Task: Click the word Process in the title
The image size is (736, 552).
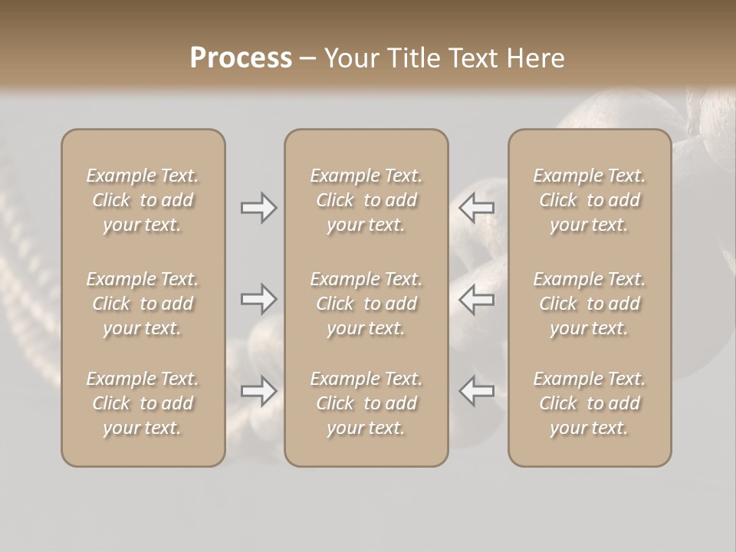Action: [x=241, y=58]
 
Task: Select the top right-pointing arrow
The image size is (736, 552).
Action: [x=258, y=208]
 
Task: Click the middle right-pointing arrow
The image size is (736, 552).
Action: [x=258, y=299]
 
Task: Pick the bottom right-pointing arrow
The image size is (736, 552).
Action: [x=258, y=391]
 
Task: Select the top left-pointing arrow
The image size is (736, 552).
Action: [x=477, y=208]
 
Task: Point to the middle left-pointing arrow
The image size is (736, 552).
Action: [x=477, y=299]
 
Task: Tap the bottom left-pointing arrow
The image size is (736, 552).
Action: [x=477, y=391]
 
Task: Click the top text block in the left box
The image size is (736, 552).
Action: [x=143, y=200]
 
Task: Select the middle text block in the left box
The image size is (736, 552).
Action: [x=143, y=304]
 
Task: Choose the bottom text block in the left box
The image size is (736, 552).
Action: [x=143, y=403]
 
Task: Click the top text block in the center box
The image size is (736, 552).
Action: [x=366, y=200]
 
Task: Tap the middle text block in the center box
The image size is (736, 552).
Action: [x=366, y=304]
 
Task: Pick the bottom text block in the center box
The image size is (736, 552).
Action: [x=366, y=403]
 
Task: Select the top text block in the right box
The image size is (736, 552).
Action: [x=590, y=200]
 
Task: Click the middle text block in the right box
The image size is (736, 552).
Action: [x=590, y=304]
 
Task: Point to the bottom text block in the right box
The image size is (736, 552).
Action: [x=590, y=403]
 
